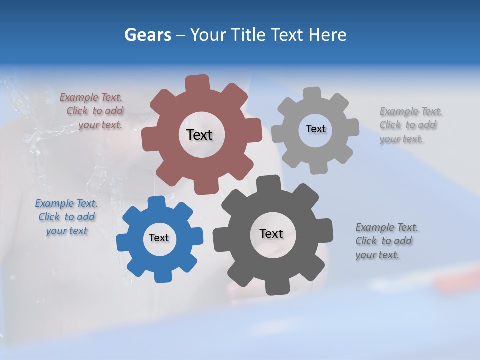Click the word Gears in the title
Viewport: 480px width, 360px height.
(x=147, y=35)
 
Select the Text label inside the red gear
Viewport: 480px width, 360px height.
(x=199, y=135)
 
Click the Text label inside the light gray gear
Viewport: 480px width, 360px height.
(x=315, y=129)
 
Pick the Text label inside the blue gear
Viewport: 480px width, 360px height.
(x=159, y=238)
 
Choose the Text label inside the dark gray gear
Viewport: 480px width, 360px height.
(x=271, y=233)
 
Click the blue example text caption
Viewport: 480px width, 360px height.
(x=66, y=217)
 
